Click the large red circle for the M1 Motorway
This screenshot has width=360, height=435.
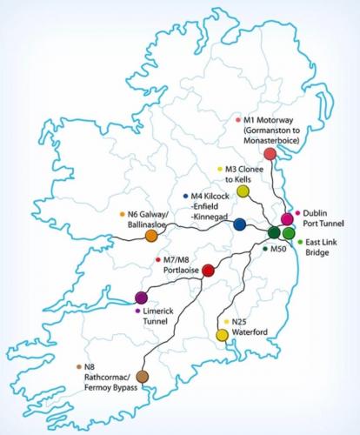[270, 153]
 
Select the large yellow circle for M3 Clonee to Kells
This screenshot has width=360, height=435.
[243, 191]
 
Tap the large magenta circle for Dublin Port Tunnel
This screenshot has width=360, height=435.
[286, 218]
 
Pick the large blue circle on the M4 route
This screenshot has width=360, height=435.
[240, 224]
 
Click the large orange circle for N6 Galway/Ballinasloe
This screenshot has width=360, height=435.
[150, 235]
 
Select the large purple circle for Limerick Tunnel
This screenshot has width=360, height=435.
[142, 298]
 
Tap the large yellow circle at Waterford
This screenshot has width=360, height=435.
[223, 335]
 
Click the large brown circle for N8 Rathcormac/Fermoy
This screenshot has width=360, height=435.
[142, 375]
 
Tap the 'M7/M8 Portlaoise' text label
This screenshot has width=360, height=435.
[181, 264]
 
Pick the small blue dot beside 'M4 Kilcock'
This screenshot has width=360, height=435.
[185, 197]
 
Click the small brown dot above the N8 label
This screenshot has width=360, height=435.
[79, 366]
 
